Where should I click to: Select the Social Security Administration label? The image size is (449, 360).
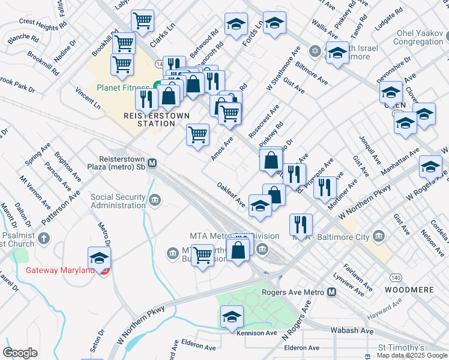(x=118, y=201)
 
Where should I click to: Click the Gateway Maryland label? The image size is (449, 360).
(x=60, y=270)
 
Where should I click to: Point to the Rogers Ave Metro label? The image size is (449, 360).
(x=293, y=292)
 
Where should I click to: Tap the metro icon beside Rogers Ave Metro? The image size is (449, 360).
(x=331, y=292)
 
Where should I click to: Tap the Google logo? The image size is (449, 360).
(x=20, y=353)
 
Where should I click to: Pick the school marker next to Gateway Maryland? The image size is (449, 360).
(x=99, y=259)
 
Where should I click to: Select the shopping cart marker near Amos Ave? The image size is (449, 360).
(x=197, y=134)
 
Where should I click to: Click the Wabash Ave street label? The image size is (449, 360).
(x=352, y=331)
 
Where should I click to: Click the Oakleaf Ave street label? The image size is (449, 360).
(x=232, y=194)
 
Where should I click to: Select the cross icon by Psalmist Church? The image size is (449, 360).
(x=43, y=239)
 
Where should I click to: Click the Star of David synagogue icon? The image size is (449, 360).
(x=314, y=50)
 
